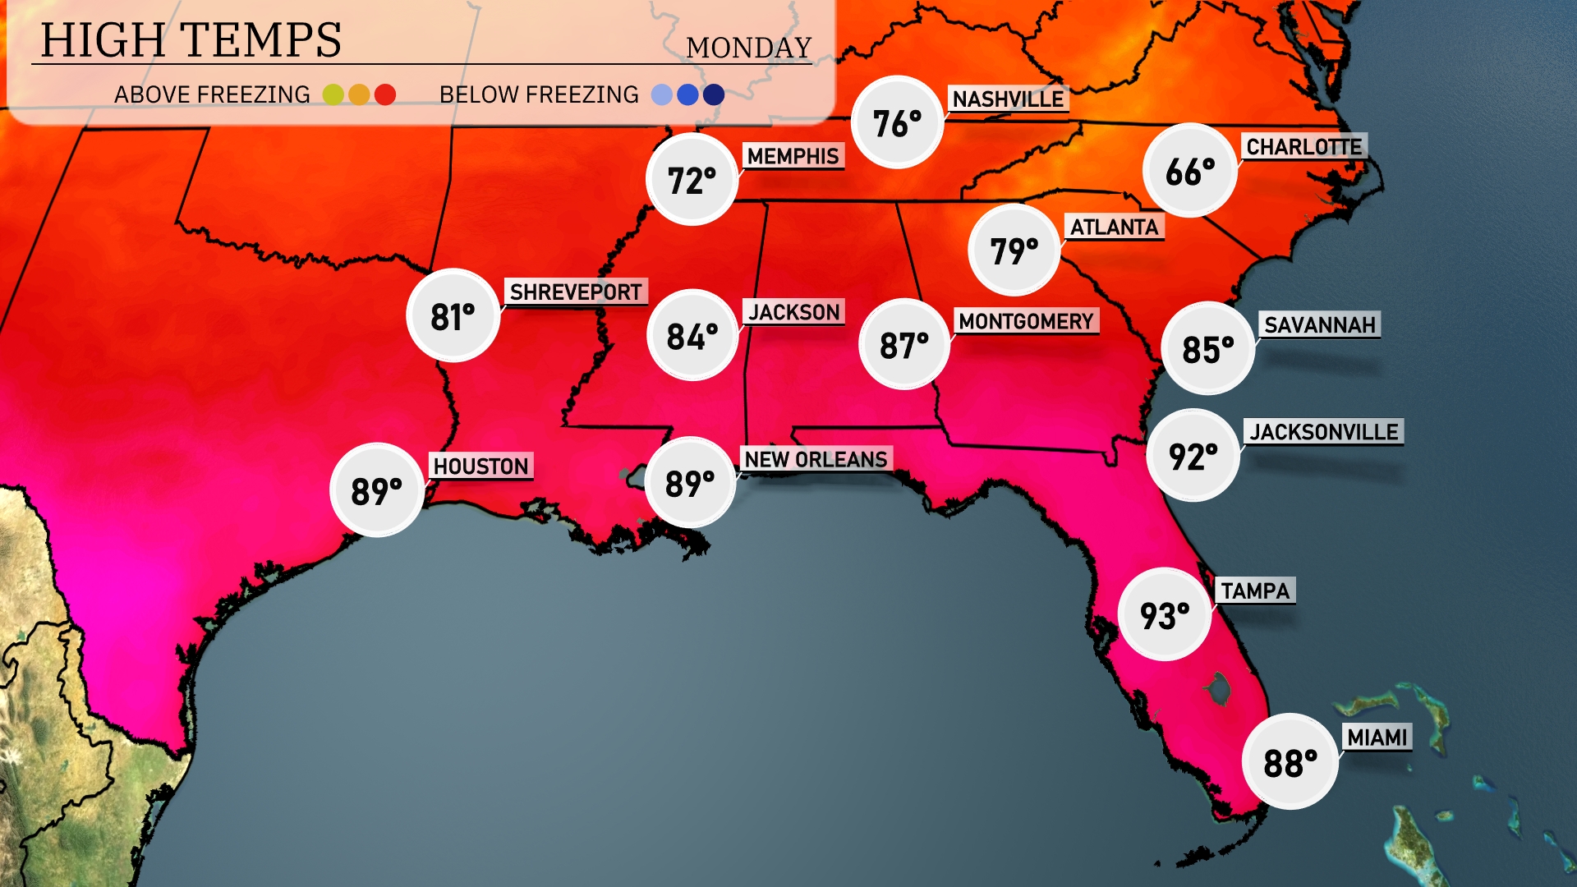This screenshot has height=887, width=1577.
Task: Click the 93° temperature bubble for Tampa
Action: pos(1165,614)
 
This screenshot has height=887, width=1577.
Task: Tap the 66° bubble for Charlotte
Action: pos(1190,171)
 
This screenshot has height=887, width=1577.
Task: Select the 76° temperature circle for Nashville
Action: pos(897,123)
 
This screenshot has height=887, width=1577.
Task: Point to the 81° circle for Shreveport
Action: pos(453,316)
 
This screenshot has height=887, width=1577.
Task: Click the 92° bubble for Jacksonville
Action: pos(1193,456)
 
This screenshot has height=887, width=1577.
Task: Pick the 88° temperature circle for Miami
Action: pos(1290,762)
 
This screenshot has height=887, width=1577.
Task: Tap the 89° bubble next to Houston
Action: pos(377,490)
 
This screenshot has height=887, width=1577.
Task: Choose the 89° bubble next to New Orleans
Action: pos(690,483)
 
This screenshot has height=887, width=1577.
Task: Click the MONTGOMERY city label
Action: pos(1026,321)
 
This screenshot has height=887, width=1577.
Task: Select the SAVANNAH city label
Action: pos(1319,325)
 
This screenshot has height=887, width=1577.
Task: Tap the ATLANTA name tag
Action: pos(1114,227)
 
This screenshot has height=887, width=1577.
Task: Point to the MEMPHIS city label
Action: pos(793,156)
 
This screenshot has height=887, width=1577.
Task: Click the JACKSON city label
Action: pos(793,312)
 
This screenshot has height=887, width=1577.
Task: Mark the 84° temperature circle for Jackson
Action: pos(692,336)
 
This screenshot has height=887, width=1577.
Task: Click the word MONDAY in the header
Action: pos(748,48)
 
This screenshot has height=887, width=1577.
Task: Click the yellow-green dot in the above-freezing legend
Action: pos(333,94)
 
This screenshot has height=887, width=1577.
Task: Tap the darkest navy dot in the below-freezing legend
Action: pos(714,94)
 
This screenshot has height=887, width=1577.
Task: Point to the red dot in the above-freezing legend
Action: pos(385,94)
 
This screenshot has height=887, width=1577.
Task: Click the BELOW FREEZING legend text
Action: pos(539,94)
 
